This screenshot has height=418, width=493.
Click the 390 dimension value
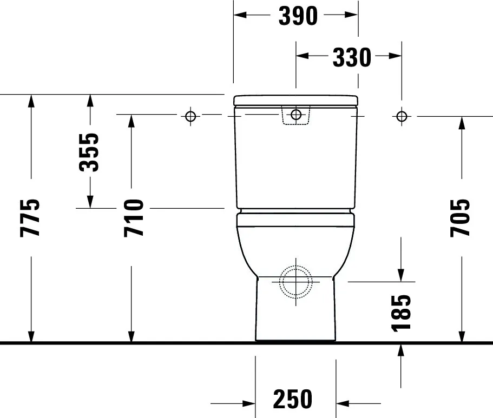297,16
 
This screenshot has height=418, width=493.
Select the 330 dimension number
351,57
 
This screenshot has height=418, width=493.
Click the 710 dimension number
134,218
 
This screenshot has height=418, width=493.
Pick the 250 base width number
293,400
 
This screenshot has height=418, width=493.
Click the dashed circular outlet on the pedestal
295,282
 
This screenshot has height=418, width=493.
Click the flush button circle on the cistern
296,115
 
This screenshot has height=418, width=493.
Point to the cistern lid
296,100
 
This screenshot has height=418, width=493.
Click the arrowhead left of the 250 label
248,403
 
